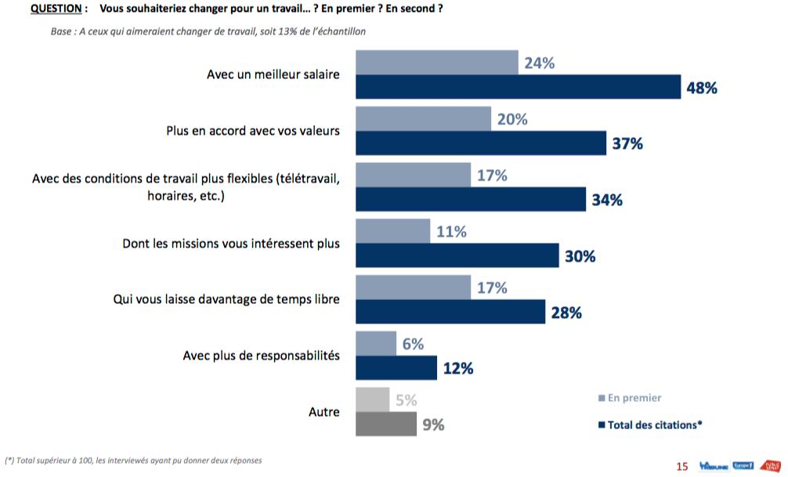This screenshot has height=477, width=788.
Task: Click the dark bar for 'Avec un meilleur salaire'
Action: click(x=519, y=87)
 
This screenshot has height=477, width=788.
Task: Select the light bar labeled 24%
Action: click(x=437, y=63)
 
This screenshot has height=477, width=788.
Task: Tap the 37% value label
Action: click(x=627, y=143)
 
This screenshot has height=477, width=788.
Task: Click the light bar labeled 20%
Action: click(x=423, y=119)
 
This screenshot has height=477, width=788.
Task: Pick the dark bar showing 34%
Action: click(x=471, y=200)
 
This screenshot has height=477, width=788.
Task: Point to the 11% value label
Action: click(x=451, y=231)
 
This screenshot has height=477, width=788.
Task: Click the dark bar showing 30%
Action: click(x=457, y=256)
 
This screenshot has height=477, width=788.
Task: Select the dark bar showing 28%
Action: click(x=450, y=313)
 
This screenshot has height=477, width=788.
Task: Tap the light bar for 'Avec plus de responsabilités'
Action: click(x=376, y=344)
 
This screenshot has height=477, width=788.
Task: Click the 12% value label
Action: click(x=458, y=368)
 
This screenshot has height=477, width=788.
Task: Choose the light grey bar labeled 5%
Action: click(x=373, y=400)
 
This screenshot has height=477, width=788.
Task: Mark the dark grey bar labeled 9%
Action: click(x=386, y=425)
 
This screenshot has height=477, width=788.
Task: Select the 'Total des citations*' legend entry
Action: click(x=649, y=425)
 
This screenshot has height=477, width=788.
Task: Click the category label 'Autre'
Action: click(x=324, y=412)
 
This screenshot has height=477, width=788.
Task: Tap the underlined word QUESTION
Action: click(x=54, y=9)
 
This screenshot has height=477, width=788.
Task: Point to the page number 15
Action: click(x=681, y=467)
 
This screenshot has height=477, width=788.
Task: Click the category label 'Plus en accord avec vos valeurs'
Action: click(x=253, y=131)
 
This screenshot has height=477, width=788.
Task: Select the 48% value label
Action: click(x=702, y=88)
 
